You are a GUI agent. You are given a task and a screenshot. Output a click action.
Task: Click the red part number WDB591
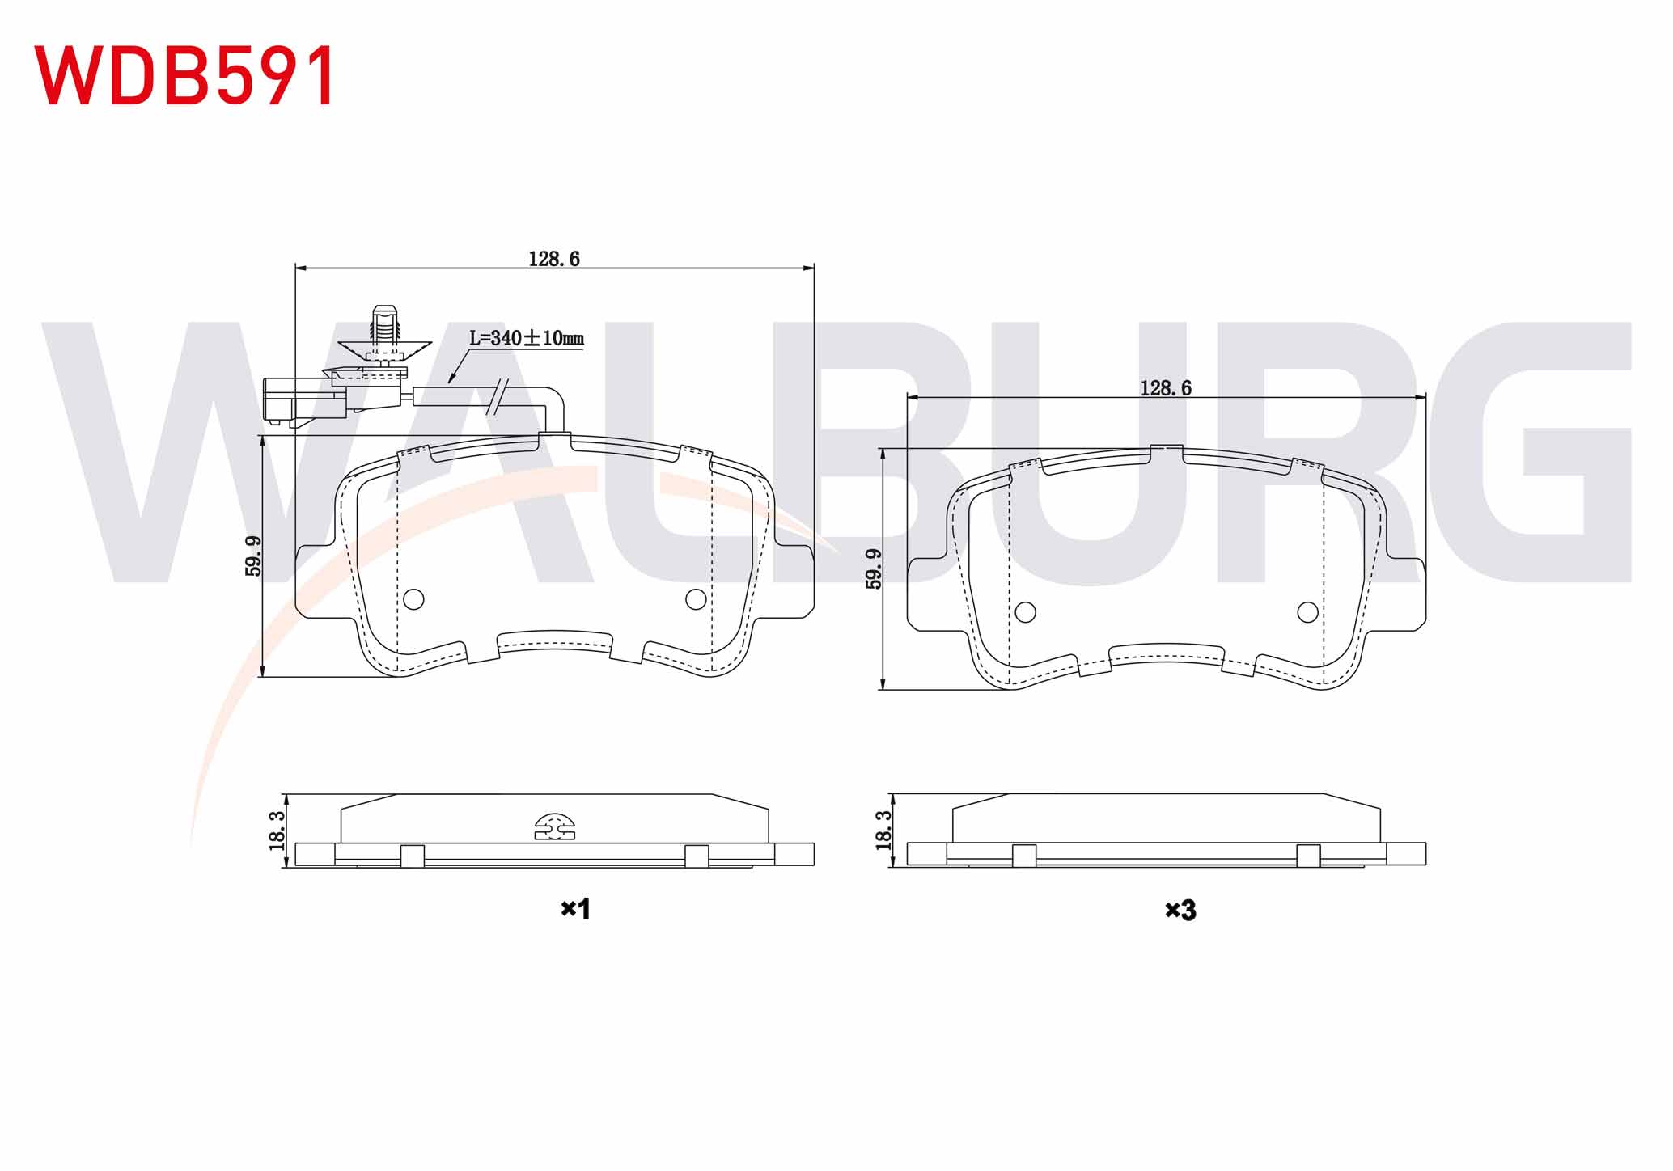[x=184, y=75]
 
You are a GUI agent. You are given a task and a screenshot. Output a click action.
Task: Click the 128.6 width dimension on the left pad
[x=554, y=259]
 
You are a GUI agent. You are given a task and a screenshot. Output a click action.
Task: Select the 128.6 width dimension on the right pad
[x=1166, y=388]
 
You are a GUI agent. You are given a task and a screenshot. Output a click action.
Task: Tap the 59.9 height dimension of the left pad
[x=253, y=556]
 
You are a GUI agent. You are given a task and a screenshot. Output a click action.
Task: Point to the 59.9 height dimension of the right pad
[x=874, y=569]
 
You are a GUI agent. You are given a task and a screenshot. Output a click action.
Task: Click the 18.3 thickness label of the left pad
[x=276, y=831]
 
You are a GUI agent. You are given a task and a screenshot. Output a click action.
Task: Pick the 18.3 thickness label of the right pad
[x=883, y=830]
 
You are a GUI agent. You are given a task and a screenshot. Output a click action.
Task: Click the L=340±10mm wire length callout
[x=527, y=338]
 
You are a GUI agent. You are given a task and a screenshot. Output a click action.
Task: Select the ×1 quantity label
[x=576, y=909]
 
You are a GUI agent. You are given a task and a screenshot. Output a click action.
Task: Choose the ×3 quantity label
[x=1180, y=911]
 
